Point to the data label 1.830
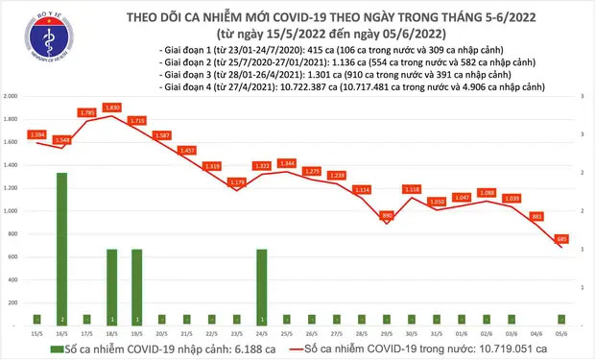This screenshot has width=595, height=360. coord(111,107)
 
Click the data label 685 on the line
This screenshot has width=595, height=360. coord(561,237)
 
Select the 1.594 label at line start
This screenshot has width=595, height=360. coord(36,133)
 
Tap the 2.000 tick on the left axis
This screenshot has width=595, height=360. coord(12,97)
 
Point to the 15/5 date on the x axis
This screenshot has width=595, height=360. coord(36,333)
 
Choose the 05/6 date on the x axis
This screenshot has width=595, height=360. coord(560,333)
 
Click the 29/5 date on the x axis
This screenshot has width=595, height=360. coord(386,333)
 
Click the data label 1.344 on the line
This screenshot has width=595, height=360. coord(286,162)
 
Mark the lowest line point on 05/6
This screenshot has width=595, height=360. coord(560,247)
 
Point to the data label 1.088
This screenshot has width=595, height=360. coord(486,192)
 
